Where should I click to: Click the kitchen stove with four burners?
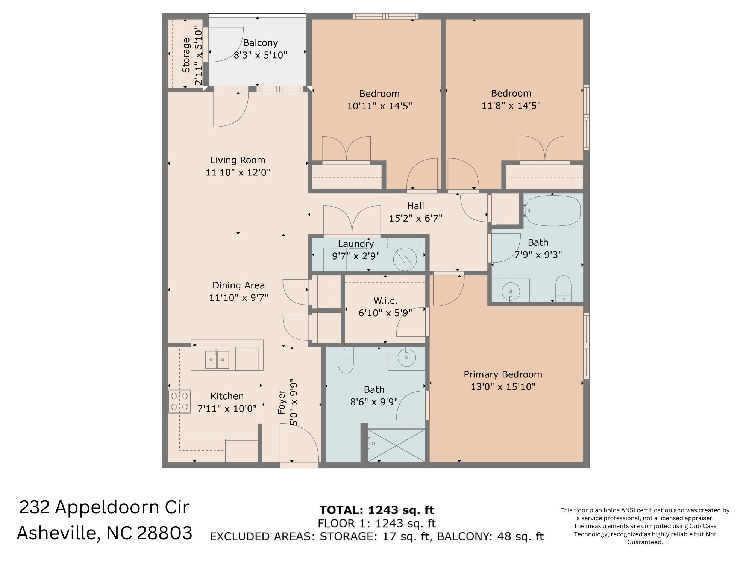179,401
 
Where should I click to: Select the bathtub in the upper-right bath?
553,211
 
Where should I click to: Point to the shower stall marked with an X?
396,445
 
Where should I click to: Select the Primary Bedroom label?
503,374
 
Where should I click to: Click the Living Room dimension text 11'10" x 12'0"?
238,172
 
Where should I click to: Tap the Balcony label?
260,43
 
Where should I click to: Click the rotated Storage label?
186,55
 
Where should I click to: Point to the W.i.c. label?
385,300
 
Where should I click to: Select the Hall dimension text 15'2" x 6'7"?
415,218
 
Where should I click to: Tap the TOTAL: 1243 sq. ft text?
377,510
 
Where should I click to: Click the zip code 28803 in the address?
164,533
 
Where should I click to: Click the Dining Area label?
238,285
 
